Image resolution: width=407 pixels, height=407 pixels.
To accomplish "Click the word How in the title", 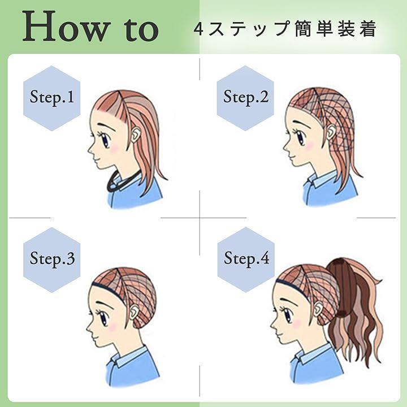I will pyautogui.click(x=63, y=25).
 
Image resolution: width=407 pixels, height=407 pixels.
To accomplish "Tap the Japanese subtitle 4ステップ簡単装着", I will pyautogui.click(x=284, y=29).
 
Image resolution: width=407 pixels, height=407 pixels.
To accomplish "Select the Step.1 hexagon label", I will pyautogui.click(x=52, y=98).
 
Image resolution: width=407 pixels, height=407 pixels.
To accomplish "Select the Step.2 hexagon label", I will pyautogui.click(x=246, y=98).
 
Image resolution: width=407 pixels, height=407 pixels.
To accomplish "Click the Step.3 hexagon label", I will pyautogui.click(x=52, y=259).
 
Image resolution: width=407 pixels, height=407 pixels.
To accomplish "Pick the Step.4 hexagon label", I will pyautogui.click(x=246, y=259).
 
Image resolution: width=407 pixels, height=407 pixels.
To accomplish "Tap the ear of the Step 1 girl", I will pyautogui.click(x=136, y=136).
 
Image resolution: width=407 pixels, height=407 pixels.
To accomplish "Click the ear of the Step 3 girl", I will pyautogui.click(x=135, y=313).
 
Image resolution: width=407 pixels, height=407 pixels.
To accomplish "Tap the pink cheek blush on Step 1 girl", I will pyautogui.click(x=114, y=148).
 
